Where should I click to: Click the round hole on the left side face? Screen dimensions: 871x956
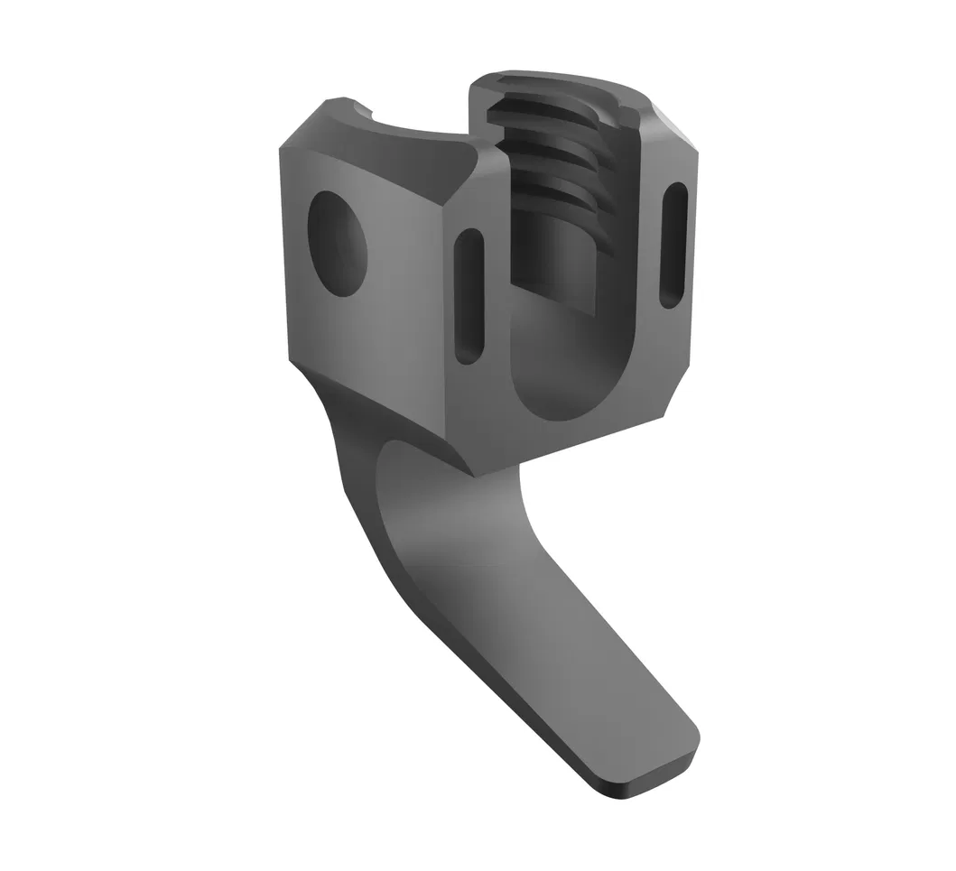click(x=339, y=245)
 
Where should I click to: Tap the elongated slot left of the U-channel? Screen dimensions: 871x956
click(x=469, y=295)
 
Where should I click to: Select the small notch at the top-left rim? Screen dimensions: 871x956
click(x=367, y=110)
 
